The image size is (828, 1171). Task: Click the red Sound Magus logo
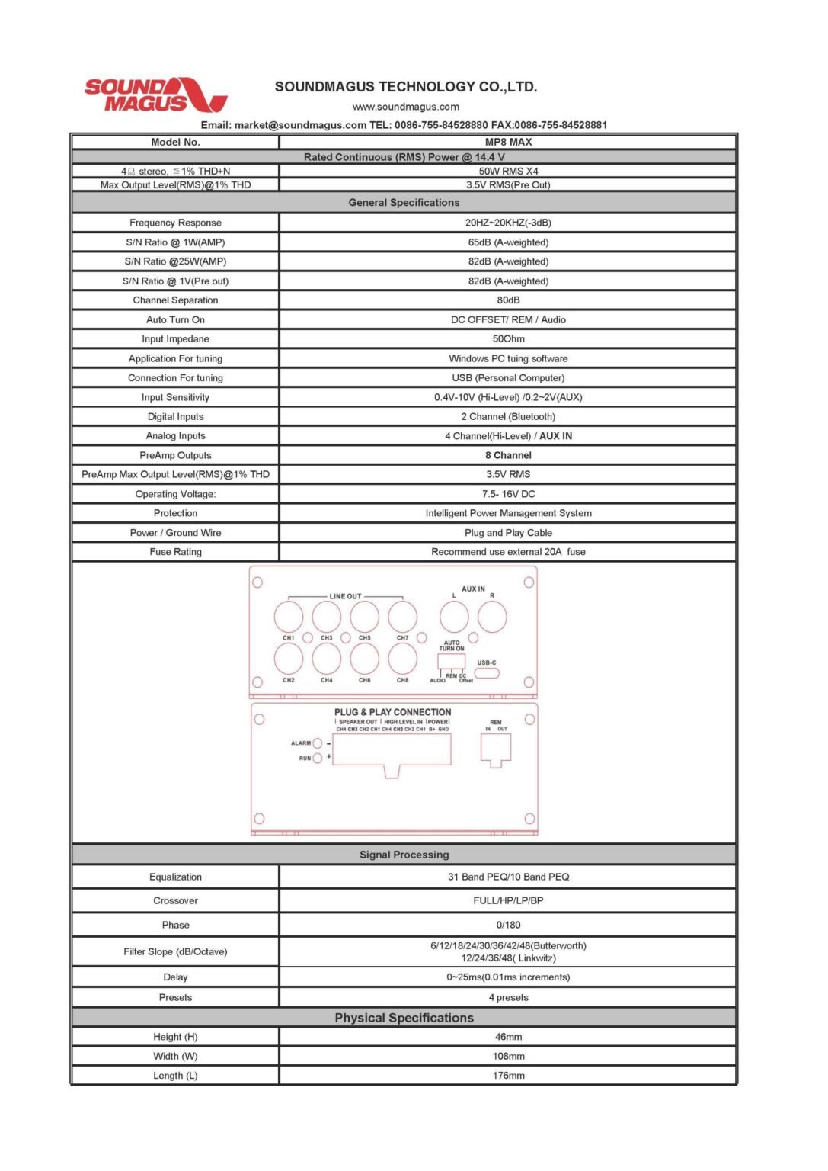pos(155,95)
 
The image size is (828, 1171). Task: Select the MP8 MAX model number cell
pos(508,142)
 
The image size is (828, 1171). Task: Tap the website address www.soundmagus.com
pos(405,107)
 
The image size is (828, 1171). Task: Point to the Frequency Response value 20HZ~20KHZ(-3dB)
pos(508,223)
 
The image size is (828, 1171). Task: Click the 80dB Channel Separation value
pos(508,300)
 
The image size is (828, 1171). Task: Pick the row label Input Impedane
pos(175,339)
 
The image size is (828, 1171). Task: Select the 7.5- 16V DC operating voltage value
pos(508,494)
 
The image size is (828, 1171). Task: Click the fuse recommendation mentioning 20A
pos(508,552)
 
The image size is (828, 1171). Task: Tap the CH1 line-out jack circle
pos(289,617)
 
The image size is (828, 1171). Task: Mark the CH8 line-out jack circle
pos(402,659)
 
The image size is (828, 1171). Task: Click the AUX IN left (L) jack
pos(454,617)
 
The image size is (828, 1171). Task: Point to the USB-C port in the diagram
pos(487,673)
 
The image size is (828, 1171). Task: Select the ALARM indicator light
pos(318,743)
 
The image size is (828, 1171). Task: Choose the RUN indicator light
pos(318,759)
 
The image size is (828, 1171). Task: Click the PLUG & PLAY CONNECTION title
pos(392,712)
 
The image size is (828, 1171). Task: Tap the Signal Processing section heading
pos(404,855)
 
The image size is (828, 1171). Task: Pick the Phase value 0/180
pos(508,925)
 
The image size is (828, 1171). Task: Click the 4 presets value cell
pos(508,997)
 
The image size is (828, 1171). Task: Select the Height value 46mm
pos(508,1037)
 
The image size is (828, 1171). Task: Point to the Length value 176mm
pos(508,1076)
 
